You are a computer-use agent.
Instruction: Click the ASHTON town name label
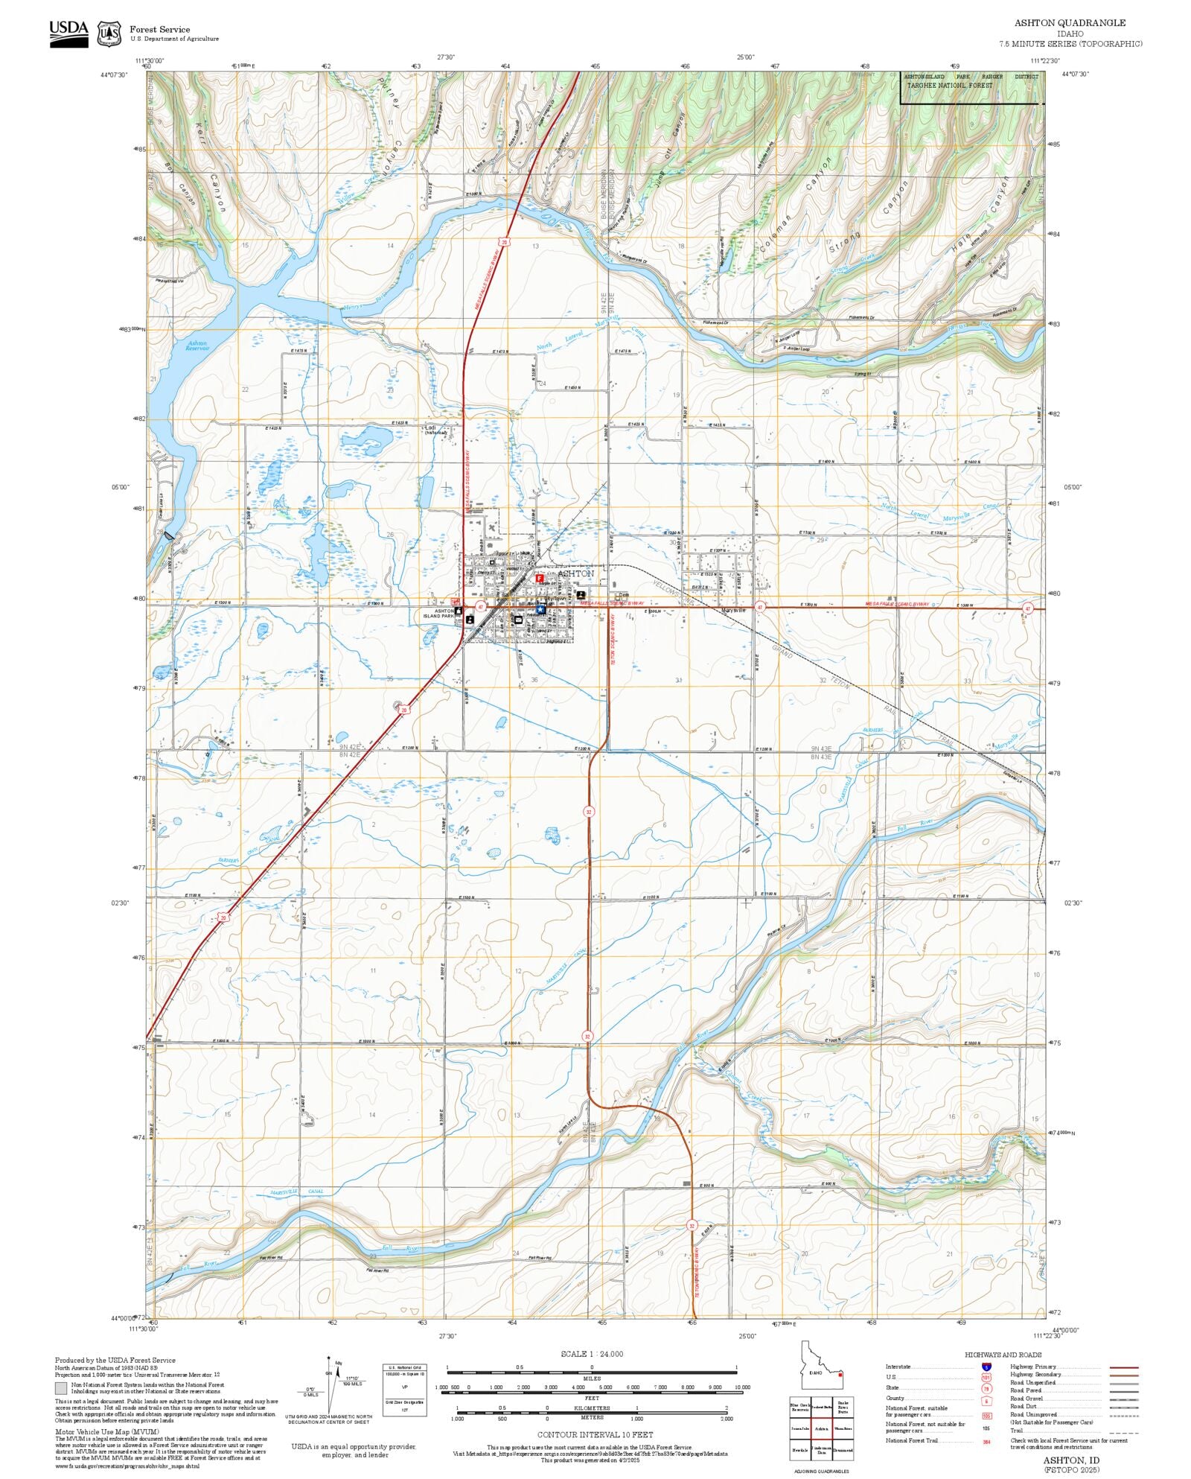(x=575, y=573)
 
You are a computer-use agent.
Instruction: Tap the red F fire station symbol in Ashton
(x=540, y=578)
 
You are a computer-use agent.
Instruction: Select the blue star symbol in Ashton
(x=540, y=610)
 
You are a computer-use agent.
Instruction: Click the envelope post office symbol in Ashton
(x=518, y=620)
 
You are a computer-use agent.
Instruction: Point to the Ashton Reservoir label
(x=197, y=346)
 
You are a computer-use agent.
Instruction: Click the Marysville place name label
(x=733, y=611)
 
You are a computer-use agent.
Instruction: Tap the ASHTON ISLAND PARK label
(x=438, y=614)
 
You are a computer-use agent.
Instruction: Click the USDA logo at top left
(x=68, y=34)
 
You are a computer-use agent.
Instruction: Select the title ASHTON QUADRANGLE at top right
(x=1070, y=23)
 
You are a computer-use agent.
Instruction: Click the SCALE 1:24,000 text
(x=592, y=1354)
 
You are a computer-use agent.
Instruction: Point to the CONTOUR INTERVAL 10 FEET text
(x=595, y=1434)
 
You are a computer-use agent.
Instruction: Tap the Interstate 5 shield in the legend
(x=986, y=1367)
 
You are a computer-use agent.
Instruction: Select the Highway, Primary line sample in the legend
(x=1123, y=1367)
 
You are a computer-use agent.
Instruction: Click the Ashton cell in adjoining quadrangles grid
(x=821, y=1428)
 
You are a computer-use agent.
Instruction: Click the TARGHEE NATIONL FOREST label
(x=949, y=86)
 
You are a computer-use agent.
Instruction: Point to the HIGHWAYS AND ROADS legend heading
(x=1003, y=1355)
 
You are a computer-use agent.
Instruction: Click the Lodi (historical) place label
(x=435, y=430)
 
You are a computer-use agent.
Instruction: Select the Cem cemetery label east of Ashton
(x=623, y=595)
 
